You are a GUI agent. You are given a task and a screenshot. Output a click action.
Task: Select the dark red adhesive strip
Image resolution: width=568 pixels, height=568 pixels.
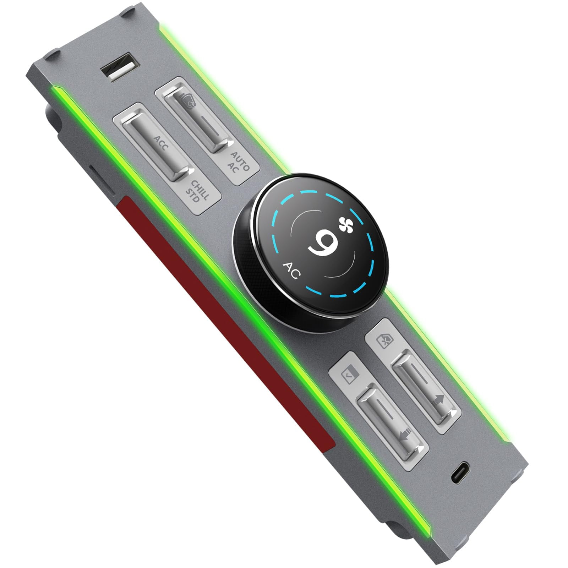point(227,319)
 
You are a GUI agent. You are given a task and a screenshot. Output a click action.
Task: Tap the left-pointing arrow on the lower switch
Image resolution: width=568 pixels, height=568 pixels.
point(405,435)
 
